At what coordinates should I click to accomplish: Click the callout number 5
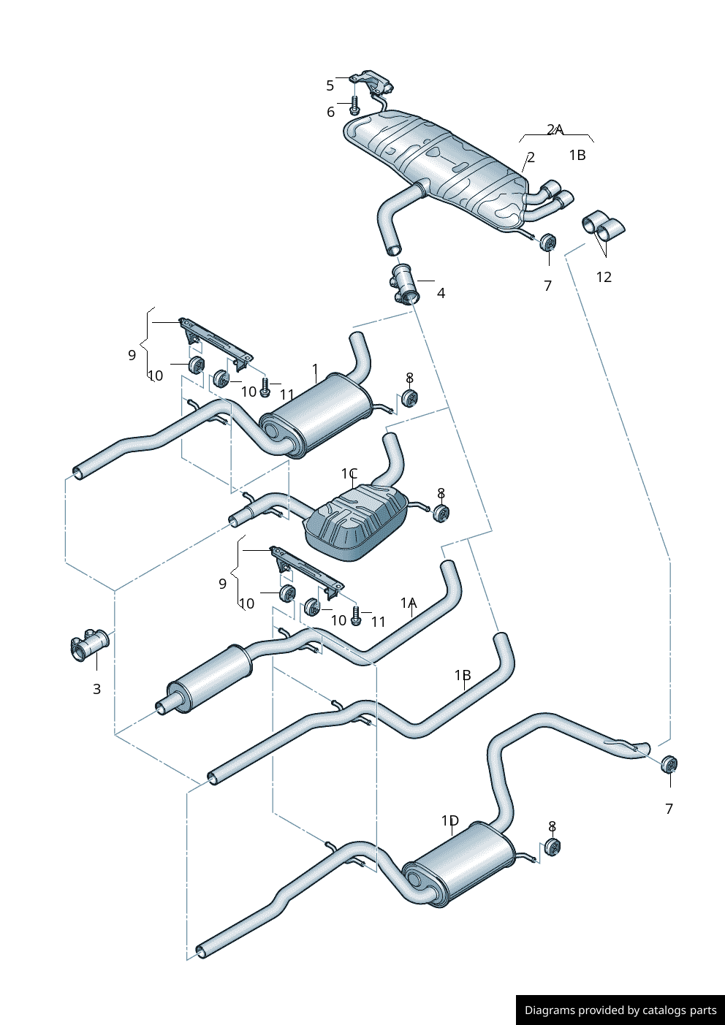(x=330, y=85)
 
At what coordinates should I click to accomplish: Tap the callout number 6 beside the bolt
(x=330, y=112)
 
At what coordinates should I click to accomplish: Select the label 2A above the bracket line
(x=555, y=129)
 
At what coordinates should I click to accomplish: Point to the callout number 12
(x=604, y=277)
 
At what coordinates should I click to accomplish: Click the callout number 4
(x=441, y=293)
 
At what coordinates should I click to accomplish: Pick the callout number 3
(x=96, y=689)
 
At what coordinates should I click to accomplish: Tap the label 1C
(x=349, y=473)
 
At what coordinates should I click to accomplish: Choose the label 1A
(x=409, y=603)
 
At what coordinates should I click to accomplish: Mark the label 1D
(x=450, y=820)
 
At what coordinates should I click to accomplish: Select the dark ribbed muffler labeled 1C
(x=356, y=523)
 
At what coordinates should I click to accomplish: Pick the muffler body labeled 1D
(x=458, y=863)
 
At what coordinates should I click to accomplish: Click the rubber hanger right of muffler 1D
(x=553, y=847)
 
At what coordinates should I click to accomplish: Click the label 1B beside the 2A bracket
(x=577, y=155)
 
